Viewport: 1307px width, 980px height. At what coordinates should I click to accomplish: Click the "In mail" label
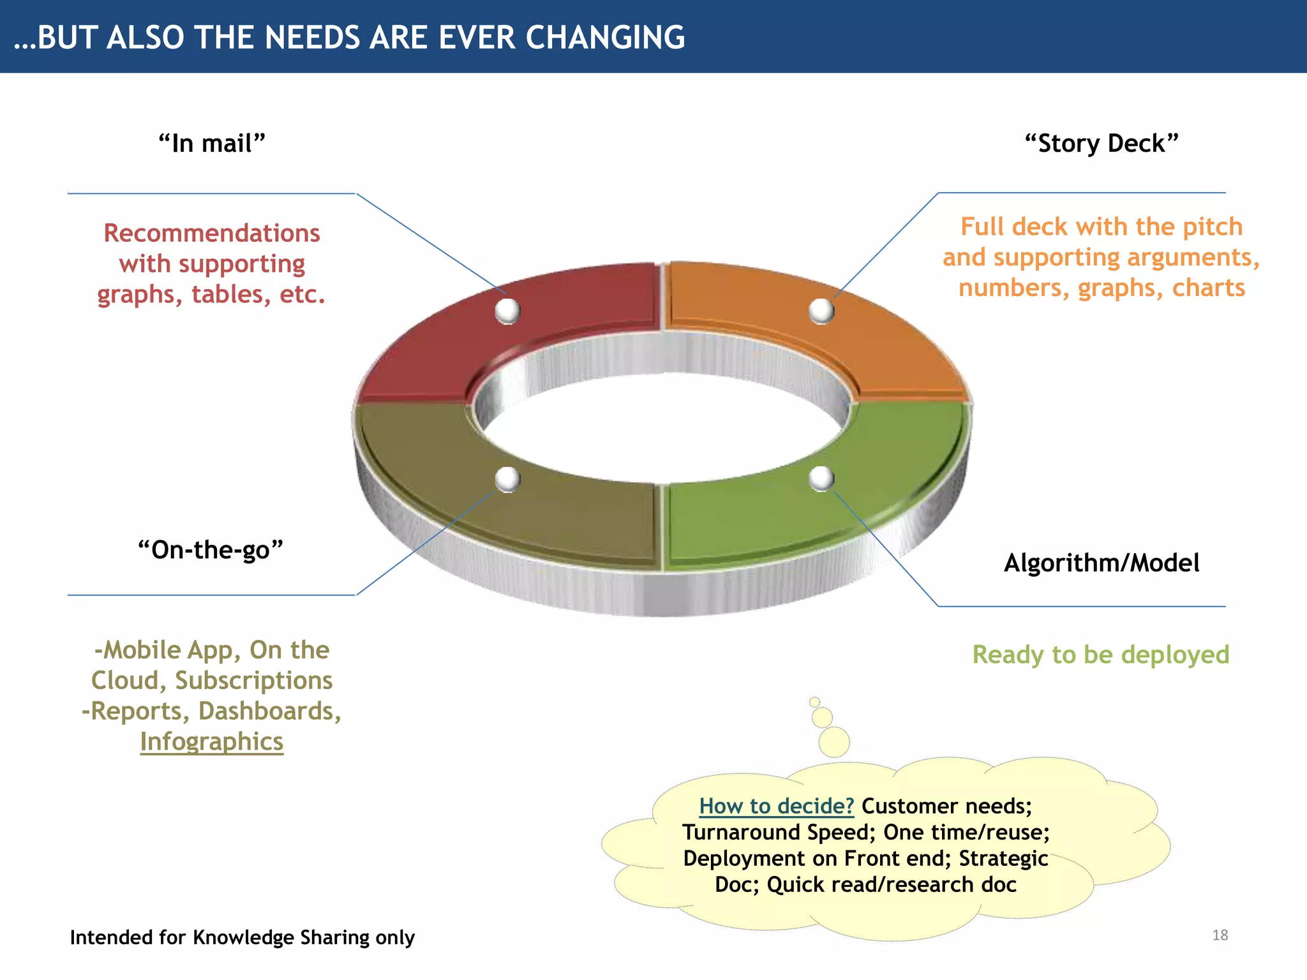(x=211, y=144)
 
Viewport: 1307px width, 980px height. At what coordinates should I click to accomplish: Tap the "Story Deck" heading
(x=1102, y=144)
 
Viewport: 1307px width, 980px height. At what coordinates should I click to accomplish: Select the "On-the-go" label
(x=211, y=550)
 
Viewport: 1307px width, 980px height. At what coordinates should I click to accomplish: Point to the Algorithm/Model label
(x=1102, y=563)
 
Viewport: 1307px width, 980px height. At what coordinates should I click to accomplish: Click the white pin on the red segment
(x=508, y=311)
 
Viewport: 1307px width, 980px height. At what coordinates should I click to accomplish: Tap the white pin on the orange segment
(x=821, y=311)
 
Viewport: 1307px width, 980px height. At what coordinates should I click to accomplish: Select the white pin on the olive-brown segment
(x=508, y=479)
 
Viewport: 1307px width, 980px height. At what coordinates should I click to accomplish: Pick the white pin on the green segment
(x=821, y=479)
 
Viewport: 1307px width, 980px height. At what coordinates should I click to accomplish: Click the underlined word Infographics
(x=212, y=741)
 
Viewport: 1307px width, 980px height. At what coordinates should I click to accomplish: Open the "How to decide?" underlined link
(x=776, y=806)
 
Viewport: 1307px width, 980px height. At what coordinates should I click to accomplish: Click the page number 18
(x=1220, y=935)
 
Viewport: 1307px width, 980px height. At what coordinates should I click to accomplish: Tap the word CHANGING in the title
(x=605, y=37)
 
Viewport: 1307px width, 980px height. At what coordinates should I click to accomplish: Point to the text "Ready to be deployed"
(x=1101, y=655)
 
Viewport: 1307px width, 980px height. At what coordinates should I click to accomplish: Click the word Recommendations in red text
(x=212, y=233)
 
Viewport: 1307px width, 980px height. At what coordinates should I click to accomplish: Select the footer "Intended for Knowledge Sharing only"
(x=243, y=937)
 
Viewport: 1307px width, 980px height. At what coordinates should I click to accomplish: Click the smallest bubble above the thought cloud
(x=814, y=702)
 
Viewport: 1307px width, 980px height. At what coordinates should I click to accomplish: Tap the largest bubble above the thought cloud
(x=834, y=742)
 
